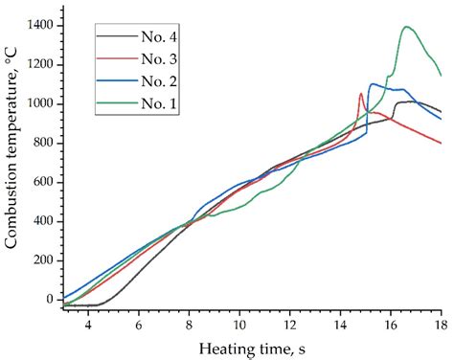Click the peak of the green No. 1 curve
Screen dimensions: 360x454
point(407,27)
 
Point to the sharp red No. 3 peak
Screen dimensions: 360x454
point(360,94)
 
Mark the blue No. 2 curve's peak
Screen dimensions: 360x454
point(371,84)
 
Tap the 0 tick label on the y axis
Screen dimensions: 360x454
point(50,300)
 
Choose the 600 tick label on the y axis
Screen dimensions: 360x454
point(42,182)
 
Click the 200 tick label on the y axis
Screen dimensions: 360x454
point(42,260)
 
